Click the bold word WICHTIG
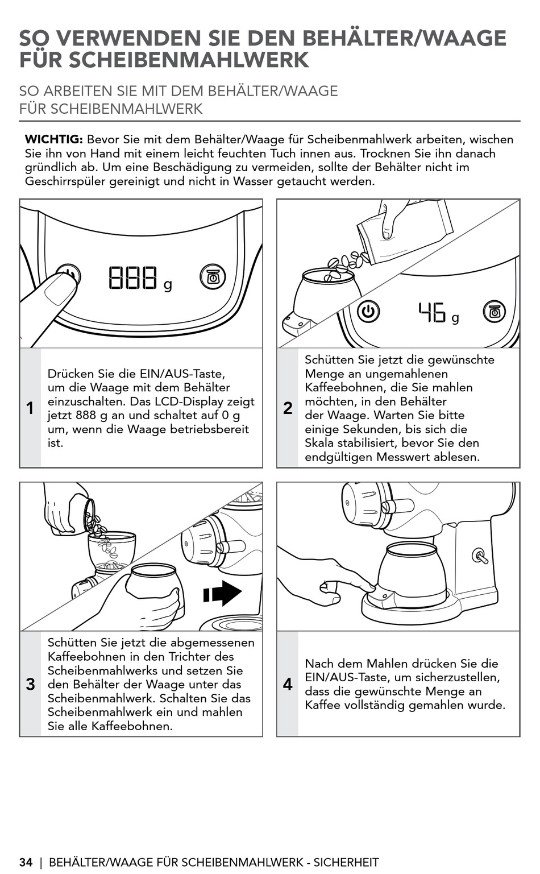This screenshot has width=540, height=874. point(54,139)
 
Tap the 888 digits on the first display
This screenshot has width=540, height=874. point(133,277)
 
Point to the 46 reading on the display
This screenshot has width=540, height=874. point(432,312)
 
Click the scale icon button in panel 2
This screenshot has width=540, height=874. point(494,311)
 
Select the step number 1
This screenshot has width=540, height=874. point(30,408)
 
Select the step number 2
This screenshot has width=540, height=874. point(288,408)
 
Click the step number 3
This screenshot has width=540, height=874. point(30,684)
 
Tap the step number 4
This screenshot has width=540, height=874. point(288,684)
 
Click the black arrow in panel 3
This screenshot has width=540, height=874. point(223,594)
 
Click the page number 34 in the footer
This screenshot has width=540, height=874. point(26,862)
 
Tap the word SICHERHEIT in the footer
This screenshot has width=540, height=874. point(346,862)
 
